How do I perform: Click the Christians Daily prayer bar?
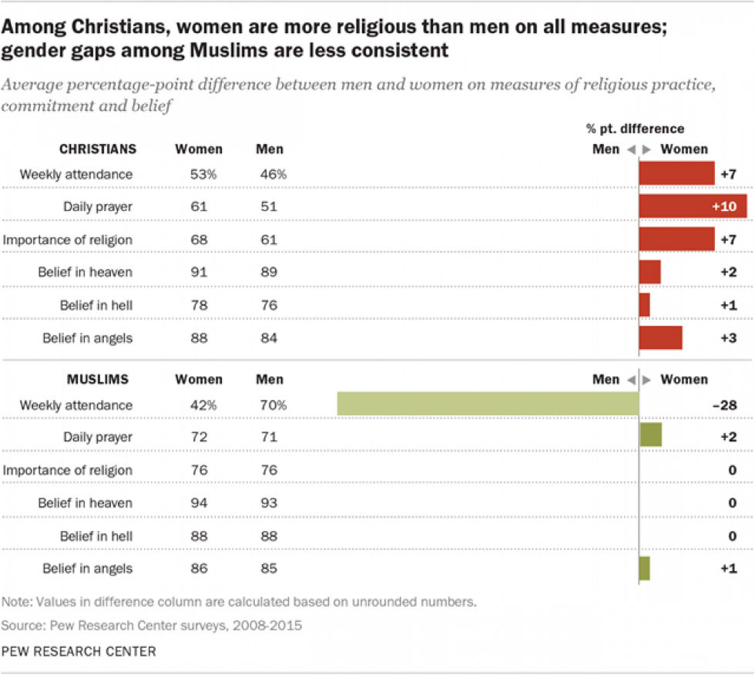[x=693, y=207]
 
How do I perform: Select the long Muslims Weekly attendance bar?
[x=488, y=405]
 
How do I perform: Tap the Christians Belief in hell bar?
[x=645, y=305]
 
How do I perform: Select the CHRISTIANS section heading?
[x=99, y=149]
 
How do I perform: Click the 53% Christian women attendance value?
[x=204, y=174]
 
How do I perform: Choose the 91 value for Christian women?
[x=199, y=272]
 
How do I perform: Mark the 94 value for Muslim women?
[x=199, y=502]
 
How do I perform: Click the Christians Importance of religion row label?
[x=68, y=240]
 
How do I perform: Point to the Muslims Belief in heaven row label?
[x=86, y=502]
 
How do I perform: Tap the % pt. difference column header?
[x=636, y=129]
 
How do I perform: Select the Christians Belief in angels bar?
[x=660, y=337]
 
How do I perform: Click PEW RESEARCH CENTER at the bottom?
[x=79, y=651]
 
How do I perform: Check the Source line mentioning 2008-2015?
[x=152, y=625]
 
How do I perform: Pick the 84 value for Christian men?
[x=269, y=337]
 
